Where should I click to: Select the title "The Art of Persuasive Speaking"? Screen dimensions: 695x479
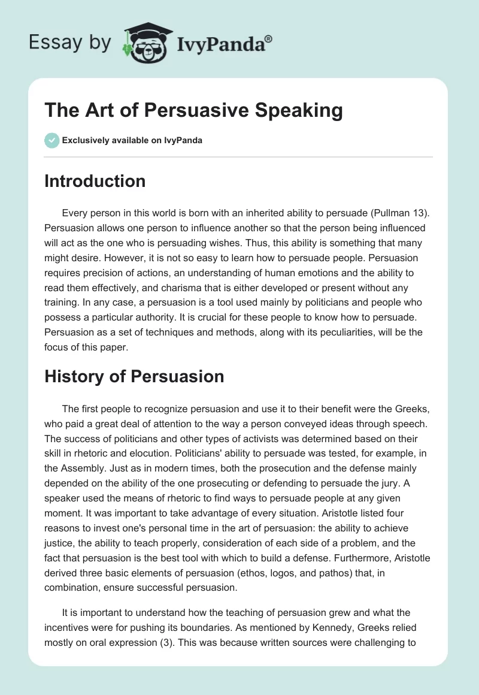[193, 111]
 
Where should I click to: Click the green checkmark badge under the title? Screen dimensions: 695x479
[51, 140]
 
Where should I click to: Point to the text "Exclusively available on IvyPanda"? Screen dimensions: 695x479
[132, 140]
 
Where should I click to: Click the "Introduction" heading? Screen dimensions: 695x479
[95, 181]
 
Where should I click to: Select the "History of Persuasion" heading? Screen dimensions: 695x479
[134, 376]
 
